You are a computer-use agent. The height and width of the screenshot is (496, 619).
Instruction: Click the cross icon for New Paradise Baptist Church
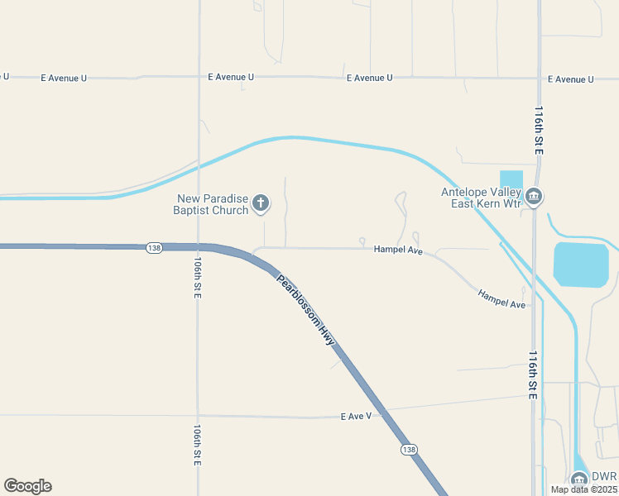click(260, 203)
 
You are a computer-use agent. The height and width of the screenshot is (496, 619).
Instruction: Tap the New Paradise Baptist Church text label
click(212, 204)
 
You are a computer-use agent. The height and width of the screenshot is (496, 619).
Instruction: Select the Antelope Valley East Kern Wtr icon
click(534, 197)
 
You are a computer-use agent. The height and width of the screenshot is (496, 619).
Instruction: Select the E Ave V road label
click(356, 416)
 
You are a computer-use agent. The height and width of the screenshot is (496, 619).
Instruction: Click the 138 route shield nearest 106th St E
click(153, 247)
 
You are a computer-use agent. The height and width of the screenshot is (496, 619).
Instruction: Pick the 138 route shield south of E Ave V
click(408, 449)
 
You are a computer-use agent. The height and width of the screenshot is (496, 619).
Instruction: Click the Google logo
click(27, 486)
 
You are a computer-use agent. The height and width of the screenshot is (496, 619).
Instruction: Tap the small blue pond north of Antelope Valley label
click(511, 179)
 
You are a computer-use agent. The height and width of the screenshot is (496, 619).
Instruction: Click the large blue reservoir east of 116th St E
click(581, 265)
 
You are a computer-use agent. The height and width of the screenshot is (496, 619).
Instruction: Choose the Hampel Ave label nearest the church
click(398, 249)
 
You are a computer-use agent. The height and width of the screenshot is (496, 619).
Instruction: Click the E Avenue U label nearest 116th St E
click(570, 79)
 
